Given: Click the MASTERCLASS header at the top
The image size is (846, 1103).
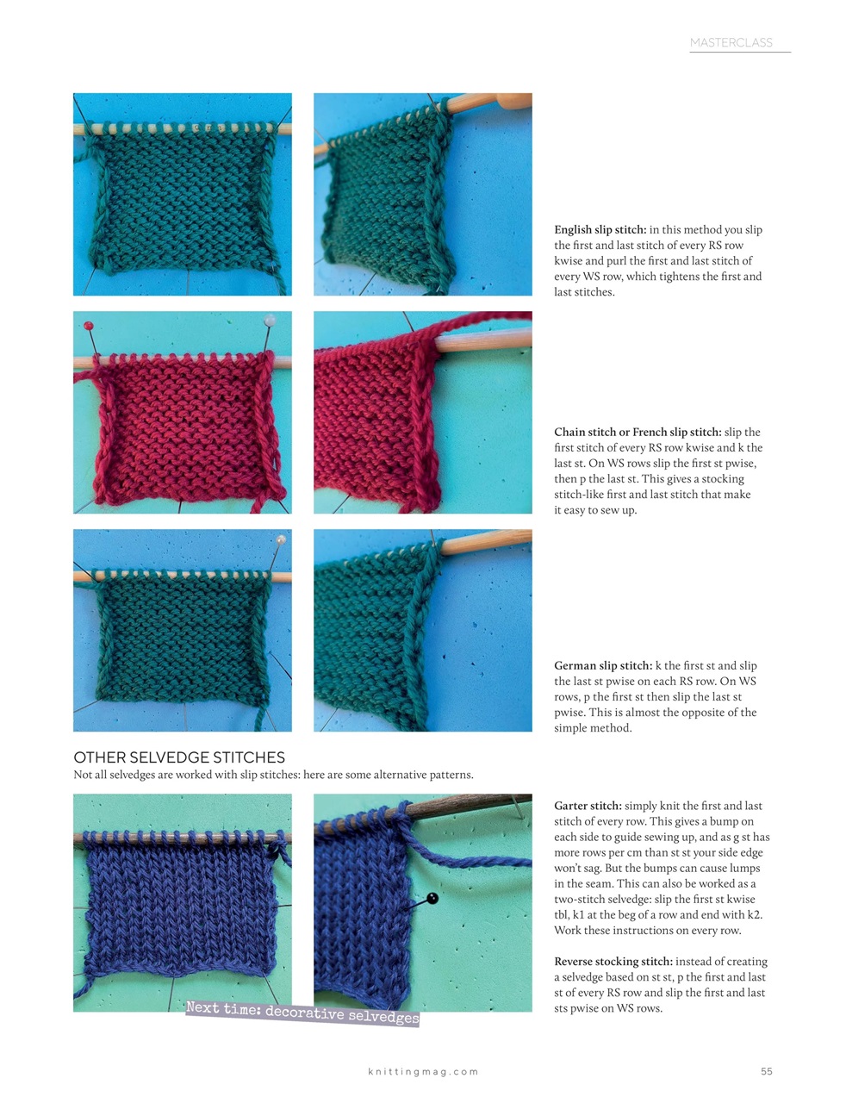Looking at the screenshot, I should point(731,42).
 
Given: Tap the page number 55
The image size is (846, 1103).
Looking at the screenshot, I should point(766,1071).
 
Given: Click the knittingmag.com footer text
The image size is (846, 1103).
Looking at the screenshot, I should point(422,1071).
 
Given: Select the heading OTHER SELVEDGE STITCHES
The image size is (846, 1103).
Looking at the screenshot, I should point(179,757).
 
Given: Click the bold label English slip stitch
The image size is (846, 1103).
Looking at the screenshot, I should point(600,230).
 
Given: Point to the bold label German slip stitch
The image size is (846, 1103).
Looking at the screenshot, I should point(603,666).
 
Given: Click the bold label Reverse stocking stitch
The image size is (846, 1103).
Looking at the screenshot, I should point(613,962).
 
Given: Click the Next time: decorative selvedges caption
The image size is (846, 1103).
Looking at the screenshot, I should point(302,1013).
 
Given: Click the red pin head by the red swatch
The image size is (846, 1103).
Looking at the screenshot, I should point(88,327).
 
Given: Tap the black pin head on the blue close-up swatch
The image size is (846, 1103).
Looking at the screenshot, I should point(432,899).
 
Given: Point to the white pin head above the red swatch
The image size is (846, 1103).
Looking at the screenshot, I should point(270,320).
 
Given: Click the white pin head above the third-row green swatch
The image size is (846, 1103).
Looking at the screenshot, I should point(281,539).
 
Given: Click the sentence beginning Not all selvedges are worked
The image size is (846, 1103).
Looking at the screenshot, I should point(273,775).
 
